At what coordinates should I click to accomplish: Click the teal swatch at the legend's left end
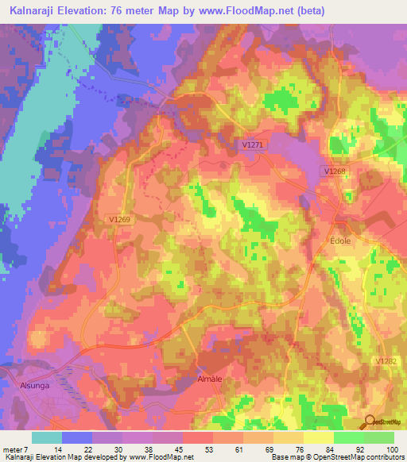coord(47,437)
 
